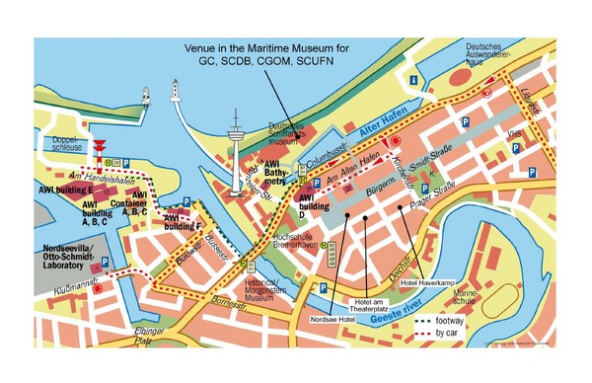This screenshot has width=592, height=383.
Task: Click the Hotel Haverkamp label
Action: point(424,282)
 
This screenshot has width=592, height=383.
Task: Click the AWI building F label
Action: point(183,221)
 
